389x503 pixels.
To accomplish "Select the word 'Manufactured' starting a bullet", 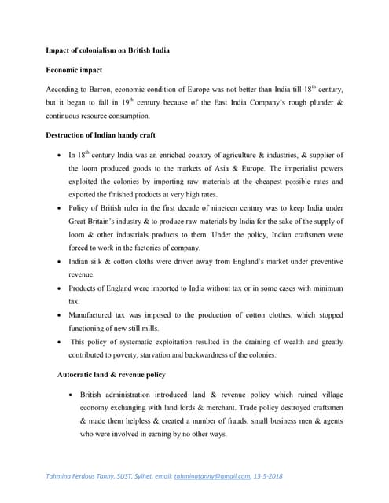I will (92, 314).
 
